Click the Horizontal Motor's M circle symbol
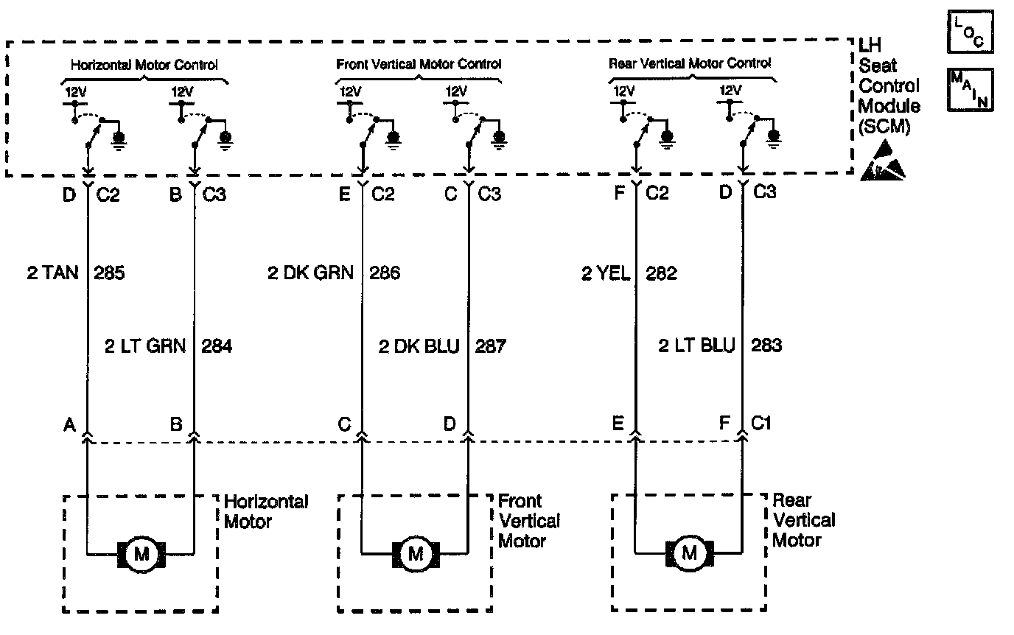(x=141, y=553)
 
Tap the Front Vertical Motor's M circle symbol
(x=416, y=553)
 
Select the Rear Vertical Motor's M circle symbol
(x=689, y=552)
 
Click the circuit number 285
(x=109, y=274)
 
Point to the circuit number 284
(x=217, y=345)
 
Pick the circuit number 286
(x=385, y=274)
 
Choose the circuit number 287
(x=491, y=345)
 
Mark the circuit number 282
(x=661, y=274)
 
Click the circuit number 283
(x=766, y=345)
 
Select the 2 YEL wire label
(x=606, y=274)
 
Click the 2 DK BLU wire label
(x=419, y=345)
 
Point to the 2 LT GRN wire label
(x=145, y=345)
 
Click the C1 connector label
(x=762, y=424)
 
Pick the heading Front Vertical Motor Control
(x=419, y=64)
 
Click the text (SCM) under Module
(x=884, y=127)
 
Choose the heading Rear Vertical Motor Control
(x=690, y=63)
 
